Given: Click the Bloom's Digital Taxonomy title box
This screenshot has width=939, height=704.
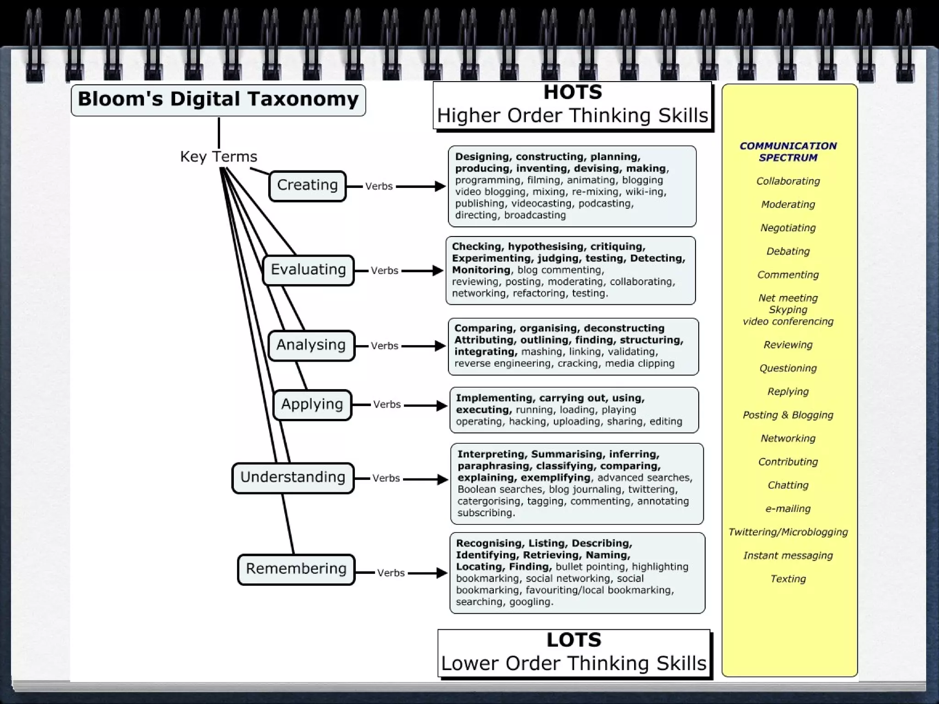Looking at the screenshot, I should pyautogui.click(x=218, y=99).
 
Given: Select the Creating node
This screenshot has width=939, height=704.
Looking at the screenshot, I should pyautogui.click(x=307, y=185).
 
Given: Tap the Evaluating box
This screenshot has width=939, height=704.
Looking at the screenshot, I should pyautogui.click(x=308, y=269).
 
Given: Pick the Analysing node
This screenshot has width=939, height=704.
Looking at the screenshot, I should pyautogui.click(x=311, y=345).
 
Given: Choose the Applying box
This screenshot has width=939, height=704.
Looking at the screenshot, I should pyautogui.click(x=312, y=404).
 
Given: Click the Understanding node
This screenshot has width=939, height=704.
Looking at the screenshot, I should pyautogui.click(x=293, y=477).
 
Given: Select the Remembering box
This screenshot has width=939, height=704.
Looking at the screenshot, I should pyautogui.click(x=296, y=569).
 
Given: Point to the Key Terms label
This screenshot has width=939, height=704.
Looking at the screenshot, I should pyautogui.click(x=219, y=157).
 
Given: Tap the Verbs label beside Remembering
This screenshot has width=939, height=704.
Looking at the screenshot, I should pyautogui.click(x=391, y=573).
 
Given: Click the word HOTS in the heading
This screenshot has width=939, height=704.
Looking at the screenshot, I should pyautogui.click(x=573, y=93).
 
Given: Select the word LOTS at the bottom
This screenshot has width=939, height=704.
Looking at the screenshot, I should pyautogui.click(x=574, y=640).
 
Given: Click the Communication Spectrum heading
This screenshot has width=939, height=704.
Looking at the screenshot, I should pyautogui.click(x=788, y=152).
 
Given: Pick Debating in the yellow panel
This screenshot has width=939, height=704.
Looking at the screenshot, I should pyautogui.click(x=788, y=251).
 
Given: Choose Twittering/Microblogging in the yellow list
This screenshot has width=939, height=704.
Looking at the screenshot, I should pyautogui.click(x=788, y=532).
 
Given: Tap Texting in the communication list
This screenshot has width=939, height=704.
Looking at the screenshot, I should pyautogui.click(x=788, y=579).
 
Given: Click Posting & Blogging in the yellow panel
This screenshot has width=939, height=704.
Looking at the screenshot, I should pyautogui.click(x=788, y=415).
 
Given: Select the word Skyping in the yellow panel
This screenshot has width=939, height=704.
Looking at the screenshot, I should pyautogui.click(x=788, y=310).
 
